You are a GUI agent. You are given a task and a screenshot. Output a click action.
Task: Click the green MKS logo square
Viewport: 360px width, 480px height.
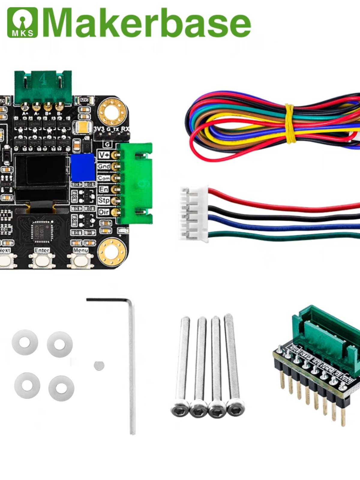tap(22, 22)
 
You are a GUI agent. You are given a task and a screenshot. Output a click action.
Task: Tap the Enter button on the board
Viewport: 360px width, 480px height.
tap(42, 260)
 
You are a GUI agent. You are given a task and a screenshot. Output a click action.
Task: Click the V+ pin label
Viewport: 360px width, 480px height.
tap(104, 155)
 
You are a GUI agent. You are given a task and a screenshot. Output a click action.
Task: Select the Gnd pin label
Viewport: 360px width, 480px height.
tap(104, 166)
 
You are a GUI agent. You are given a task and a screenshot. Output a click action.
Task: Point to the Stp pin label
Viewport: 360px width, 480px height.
tap(104, 200)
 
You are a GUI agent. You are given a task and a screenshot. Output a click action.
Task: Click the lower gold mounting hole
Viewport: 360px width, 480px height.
tap(112, 251)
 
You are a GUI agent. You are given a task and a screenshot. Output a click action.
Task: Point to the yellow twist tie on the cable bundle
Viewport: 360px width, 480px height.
tap(289, 123)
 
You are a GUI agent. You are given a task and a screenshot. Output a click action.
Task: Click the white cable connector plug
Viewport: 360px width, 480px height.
tap(193, 213)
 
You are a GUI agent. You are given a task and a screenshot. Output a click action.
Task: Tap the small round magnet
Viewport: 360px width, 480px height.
tap(99, 365)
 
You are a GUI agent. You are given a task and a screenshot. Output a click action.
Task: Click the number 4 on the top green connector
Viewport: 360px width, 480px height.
tap(43, 80)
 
